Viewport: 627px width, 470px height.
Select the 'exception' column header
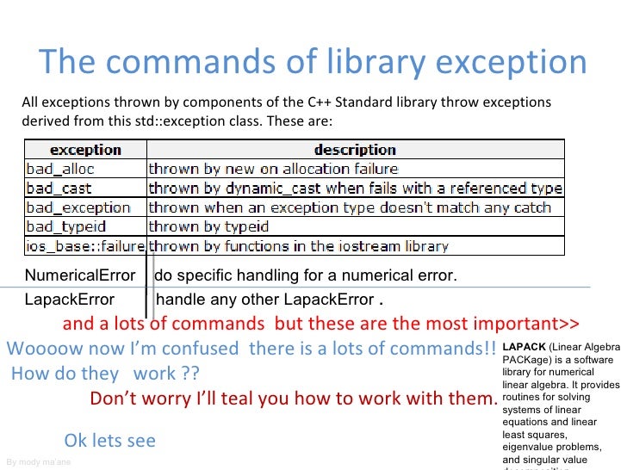(84, 150)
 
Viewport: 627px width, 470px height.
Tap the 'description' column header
(355, 150)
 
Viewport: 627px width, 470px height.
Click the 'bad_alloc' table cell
(60, 169)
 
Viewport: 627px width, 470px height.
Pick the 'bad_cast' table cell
(59, 188)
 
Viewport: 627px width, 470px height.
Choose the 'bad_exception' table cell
(78, 207)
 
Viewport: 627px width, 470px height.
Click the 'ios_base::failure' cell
(84, 246)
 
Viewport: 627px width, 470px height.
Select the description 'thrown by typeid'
(209, 226)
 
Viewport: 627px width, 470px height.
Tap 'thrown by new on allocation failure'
(273, 169)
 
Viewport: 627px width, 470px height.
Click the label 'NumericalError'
(79, 275)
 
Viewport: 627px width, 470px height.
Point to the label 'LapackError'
(69, 300)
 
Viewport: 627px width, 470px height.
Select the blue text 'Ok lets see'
(110, 441)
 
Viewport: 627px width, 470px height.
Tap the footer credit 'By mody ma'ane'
(38, 462)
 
